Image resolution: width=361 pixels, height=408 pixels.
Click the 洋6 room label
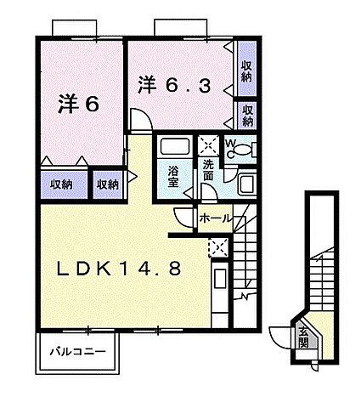pyautogui.click(x=79, y=104)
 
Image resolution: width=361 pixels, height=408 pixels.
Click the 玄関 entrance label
pyautogui.click(x=303, y=337)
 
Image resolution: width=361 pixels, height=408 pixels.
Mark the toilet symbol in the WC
pyautogui.click(x=243, y=150)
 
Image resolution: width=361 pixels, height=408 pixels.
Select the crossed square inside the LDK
pyautogui.click(x=217, y=248)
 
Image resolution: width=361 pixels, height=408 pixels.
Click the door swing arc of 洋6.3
pyautogui.click(x=140, y=119)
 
